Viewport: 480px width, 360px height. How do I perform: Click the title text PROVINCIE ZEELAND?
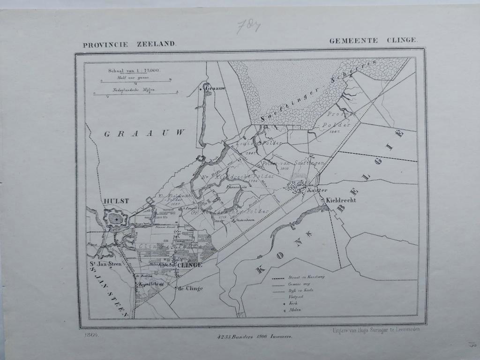point(129,45)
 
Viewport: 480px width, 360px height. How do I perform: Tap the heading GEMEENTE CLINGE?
point(373,40)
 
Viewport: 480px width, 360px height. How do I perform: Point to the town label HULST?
point(116,201)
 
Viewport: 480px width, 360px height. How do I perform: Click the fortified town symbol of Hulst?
point(115,218)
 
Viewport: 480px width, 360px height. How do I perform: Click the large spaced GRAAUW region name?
point(144,134)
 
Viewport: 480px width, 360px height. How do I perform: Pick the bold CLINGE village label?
point(190,265)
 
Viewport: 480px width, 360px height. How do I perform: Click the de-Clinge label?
point(190,288)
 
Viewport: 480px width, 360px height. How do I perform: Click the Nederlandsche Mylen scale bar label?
point(133,89)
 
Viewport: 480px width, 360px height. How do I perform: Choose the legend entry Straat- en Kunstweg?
point(307,277)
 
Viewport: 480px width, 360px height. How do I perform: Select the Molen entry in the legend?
point(295,310)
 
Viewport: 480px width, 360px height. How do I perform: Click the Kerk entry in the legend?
point(293,303)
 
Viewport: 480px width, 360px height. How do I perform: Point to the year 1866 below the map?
point(92,335)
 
